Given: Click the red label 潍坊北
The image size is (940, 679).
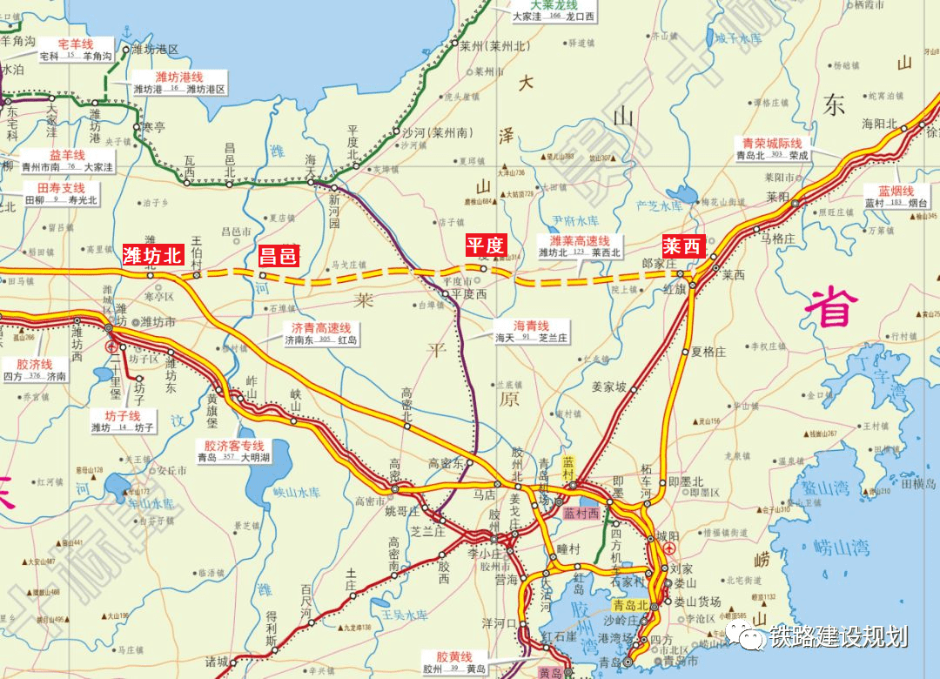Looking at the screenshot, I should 152,254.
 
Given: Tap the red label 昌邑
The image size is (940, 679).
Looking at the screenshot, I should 279,255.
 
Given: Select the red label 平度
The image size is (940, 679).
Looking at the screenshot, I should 485,245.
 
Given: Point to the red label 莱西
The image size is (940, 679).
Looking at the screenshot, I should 682,245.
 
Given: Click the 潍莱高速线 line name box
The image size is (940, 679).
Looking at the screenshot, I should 579,246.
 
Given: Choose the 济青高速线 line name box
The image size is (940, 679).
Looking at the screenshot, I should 320,333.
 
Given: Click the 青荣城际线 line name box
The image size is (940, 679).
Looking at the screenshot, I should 771,149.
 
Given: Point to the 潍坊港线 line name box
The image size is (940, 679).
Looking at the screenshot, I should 179,84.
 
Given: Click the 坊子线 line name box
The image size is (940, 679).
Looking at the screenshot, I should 122,421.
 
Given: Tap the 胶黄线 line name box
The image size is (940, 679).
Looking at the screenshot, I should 453,662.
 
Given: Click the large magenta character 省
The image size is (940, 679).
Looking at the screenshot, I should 831,307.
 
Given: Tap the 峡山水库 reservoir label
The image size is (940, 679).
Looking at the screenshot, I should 297,492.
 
